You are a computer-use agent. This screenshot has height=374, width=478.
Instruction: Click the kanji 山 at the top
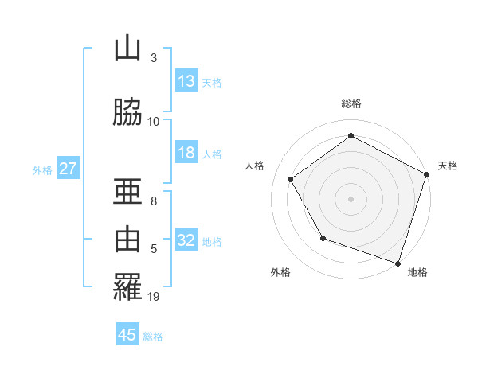click(x=127, y=49)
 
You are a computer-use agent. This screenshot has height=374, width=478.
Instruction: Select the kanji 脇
click(x=127, y=112)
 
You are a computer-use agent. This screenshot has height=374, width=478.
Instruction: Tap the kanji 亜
click(x=127, y=192)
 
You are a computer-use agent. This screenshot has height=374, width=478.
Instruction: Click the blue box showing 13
click(x=186, y=81)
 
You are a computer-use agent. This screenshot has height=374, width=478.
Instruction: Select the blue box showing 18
click(x=186, y=153)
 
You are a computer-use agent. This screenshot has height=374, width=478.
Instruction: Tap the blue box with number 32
click(x=186, y=240)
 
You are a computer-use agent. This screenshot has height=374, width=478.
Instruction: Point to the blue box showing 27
click(x=68, y=169)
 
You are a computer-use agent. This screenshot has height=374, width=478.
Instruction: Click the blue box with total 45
click(x=127, y=335)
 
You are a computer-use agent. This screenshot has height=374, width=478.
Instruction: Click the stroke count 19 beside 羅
click(x=154, y=297)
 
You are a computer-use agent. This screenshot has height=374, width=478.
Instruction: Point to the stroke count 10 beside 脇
click(x=154, y=121)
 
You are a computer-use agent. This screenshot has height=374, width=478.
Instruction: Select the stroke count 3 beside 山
click(x=154, y=58)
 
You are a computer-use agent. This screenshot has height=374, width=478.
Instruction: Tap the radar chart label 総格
click(x=351, y=103)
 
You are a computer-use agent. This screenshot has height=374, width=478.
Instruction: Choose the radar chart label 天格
click(x=448, y=166)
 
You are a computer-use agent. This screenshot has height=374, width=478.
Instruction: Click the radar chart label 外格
click(x=280, y=272)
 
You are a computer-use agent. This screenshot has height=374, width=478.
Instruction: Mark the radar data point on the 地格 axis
click(x=398, y=263)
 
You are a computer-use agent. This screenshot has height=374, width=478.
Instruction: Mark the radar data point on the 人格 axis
click(x=290, y=179)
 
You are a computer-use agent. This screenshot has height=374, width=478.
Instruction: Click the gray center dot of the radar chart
click(x=351, y=198)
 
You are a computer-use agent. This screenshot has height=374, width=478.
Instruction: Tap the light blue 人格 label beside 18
click(x=212, y=154)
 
